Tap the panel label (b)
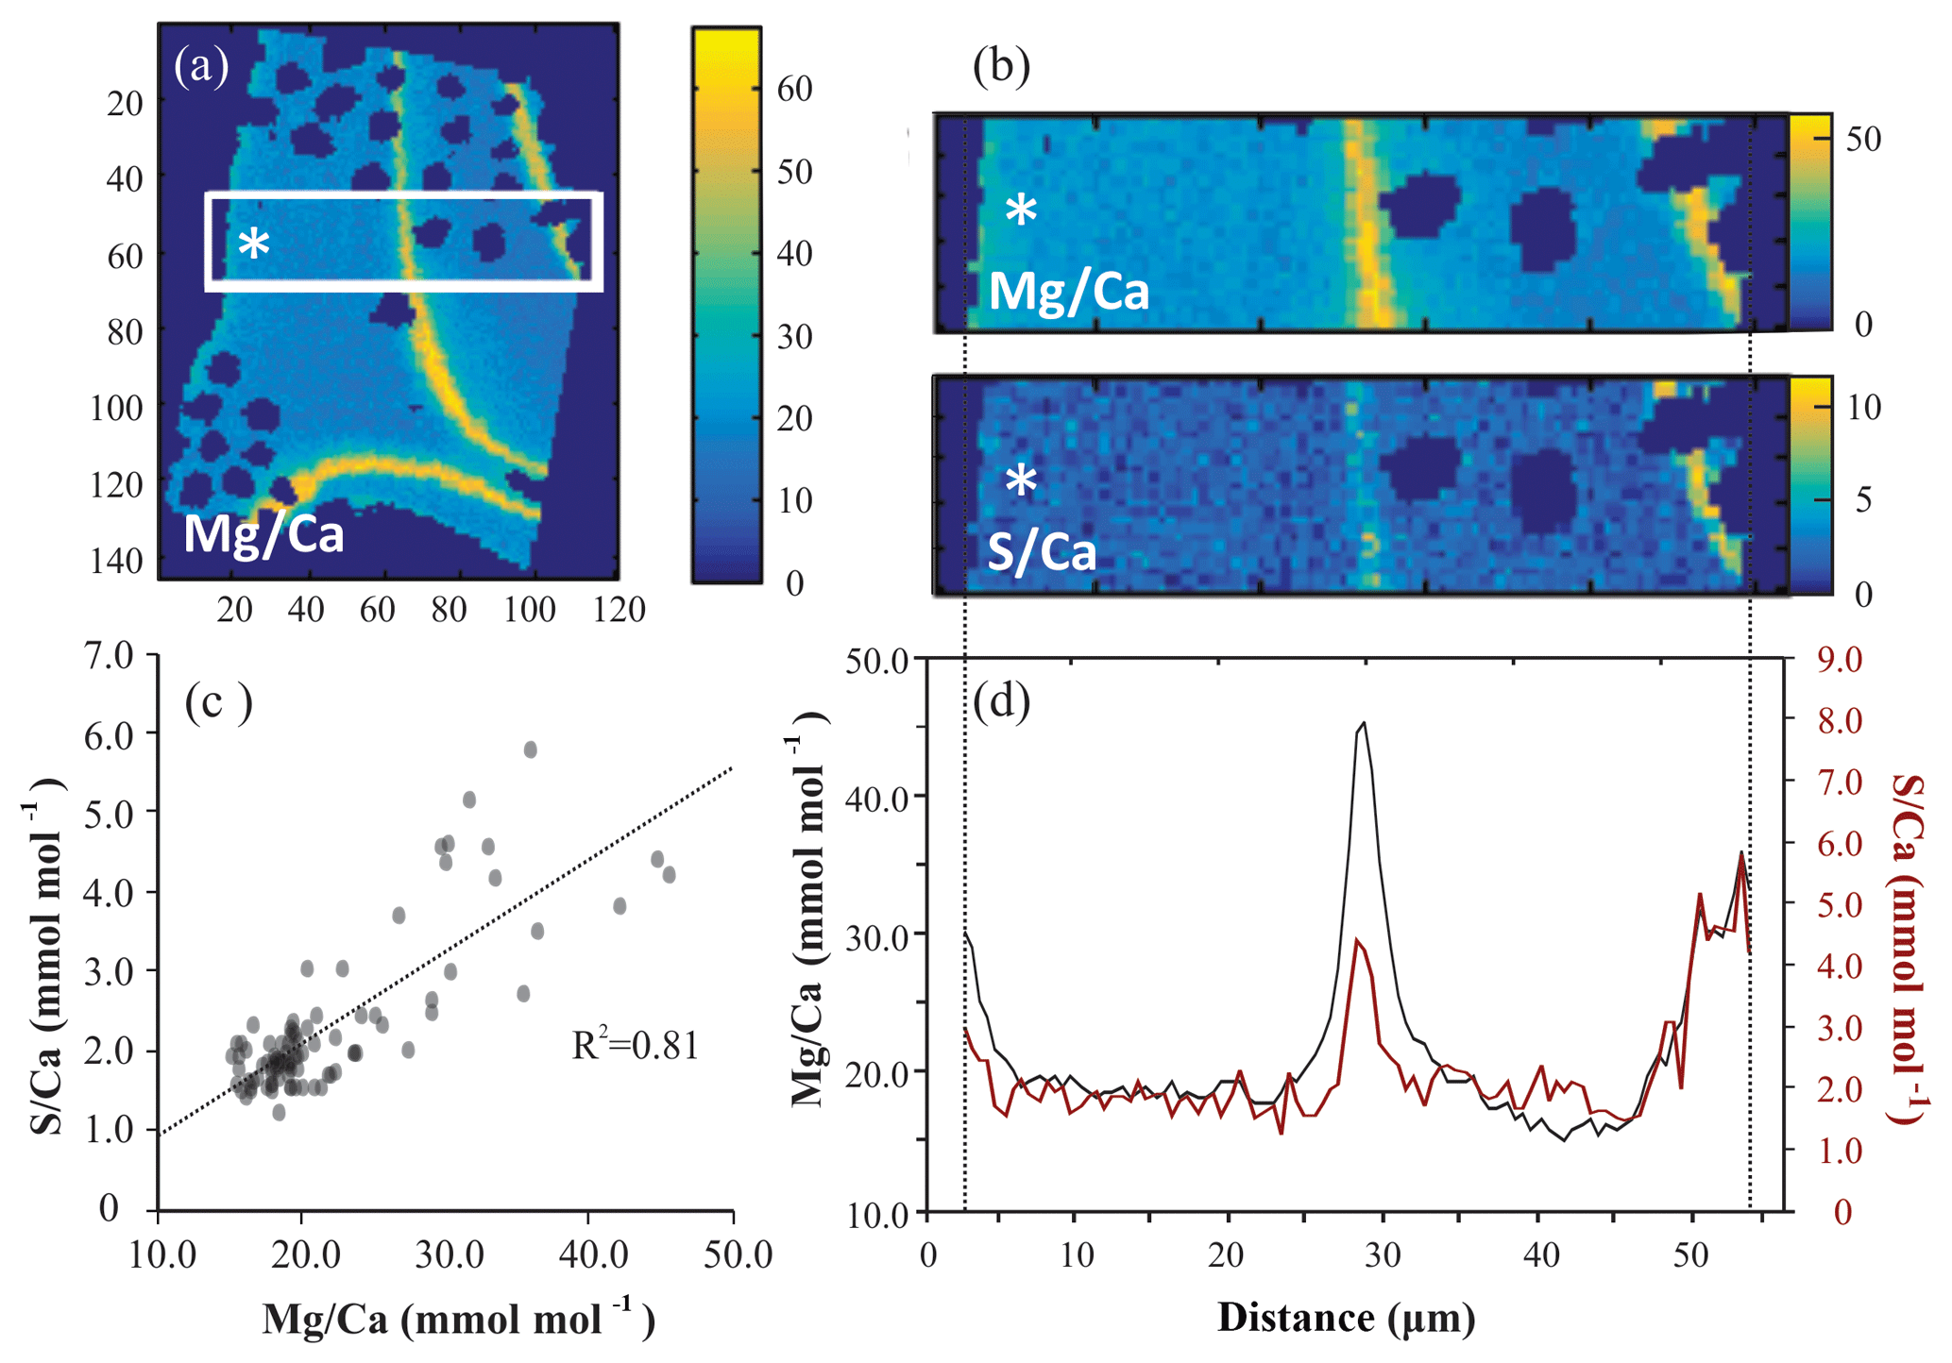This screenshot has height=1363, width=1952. (x=1001, y=66)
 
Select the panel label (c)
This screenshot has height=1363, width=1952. (x=218, y=702)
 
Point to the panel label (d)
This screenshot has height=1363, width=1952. (x=1001, y=701)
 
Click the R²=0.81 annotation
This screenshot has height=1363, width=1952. (x=636, y=1046)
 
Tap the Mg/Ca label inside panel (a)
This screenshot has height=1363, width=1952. (x=263, y=533)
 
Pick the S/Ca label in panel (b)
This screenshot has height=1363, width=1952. (x=1042, y=552)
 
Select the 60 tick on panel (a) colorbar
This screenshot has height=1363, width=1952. (x=794, y=89)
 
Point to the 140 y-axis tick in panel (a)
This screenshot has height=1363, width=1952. (x=117, y=561)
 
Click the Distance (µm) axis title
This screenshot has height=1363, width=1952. (x=1346, y=1318)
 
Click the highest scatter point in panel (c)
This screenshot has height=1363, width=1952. (x=531, y=749)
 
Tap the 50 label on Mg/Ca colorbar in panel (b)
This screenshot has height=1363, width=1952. (x=1863, y=139)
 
